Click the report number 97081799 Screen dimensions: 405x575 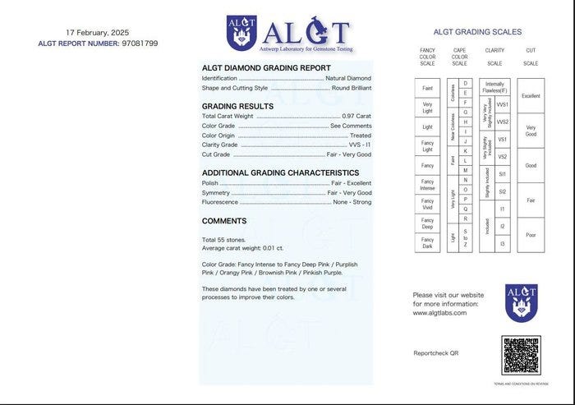(x=139, y=43)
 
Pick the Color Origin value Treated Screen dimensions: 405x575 (x=361, y=136)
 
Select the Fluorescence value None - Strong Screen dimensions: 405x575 (x=352, y=202)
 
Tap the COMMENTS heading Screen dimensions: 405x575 (x=224, y=221)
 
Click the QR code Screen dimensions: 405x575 (x=522, y=355)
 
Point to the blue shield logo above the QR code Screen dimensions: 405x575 (x=522, y=302)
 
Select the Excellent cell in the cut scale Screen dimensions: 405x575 (x=531, y=96)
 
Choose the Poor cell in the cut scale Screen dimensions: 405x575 (x=531, y=235)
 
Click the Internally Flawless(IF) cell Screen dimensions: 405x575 (x=495, y=87)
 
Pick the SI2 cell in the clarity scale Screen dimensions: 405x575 (x=503, y=191)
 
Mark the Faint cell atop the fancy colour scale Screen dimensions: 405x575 (x=427, y=88)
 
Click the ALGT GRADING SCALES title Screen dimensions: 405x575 (x=477, y=32)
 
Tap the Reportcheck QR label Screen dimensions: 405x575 (x=435, y=352)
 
